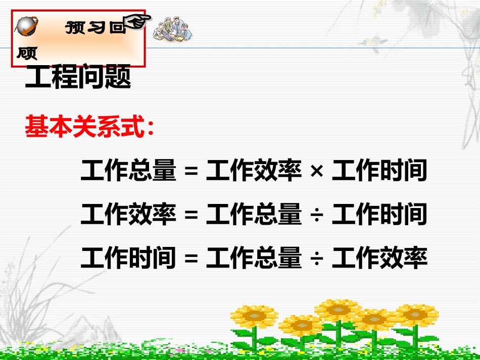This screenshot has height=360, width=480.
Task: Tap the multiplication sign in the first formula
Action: click(x=317, y=171)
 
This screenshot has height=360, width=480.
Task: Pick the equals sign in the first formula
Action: click(x=190, y=171)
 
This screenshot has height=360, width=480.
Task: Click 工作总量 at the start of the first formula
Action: click(x=128, y=171)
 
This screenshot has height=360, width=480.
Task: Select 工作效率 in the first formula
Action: click(x=254, y=171)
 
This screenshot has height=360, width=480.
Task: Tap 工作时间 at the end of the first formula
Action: click(x=379, y=171)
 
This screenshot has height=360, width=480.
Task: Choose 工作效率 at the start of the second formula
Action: click(x=128, y=215)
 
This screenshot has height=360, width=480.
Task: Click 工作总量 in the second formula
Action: click(x=254, y=215)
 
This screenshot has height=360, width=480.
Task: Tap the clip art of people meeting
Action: click(x=172, y=29)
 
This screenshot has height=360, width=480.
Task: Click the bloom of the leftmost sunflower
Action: click(x=254, y=316)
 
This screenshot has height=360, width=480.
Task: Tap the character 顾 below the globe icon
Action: click(x=27, y=53)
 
